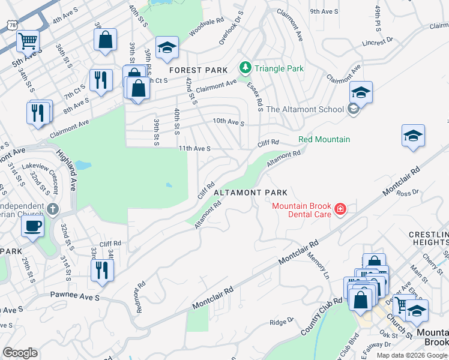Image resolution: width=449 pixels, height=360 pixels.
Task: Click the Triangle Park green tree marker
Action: (x=244, y=68)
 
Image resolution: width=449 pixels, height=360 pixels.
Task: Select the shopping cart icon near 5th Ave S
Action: (x=27, y=41)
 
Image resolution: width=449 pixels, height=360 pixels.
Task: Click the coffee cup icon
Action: (x=32, y=226)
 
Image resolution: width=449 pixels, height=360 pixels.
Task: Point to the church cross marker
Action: (x=53, y=209)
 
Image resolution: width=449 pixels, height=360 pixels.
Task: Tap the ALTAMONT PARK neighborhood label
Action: (x=251, y=193)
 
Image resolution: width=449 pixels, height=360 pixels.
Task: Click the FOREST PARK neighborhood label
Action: (x=199, y=70)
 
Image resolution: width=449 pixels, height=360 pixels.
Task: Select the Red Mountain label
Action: (x=324, y=139)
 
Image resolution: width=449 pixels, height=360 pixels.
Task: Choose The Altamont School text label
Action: (x=304, y=109)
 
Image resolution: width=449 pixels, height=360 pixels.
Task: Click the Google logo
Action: (x=20, y=353)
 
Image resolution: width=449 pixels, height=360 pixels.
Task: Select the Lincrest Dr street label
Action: (x=378, y=42)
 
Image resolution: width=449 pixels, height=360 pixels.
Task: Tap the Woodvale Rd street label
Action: (x=202, y=29)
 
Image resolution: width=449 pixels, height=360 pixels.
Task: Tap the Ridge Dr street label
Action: (x=281, y=322)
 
